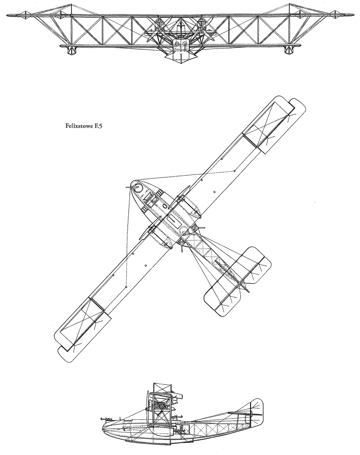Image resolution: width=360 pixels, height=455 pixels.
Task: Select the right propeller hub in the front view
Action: click(x=202, y=28)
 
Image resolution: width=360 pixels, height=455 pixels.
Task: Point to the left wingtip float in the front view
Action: click(x=72, y=50)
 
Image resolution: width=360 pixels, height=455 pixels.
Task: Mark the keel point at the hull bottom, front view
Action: click(x=181, y=63)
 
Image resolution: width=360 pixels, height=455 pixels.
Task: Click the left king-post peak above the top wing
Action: click(x=72, y=4)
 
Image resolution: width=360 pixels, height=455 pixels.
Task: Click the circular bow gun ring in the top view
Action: click(x=136, y=187)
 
